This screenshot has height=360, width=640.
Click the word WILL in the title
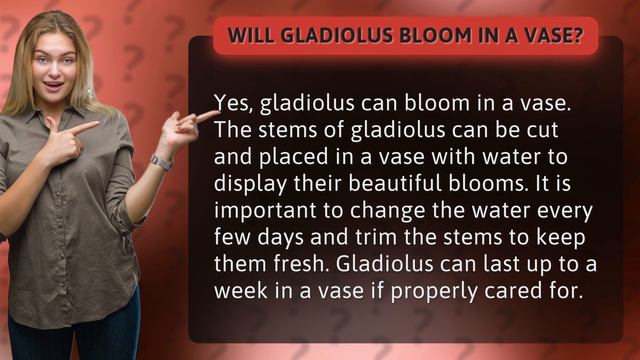251,36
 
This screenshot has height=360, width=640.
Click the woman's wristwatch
161,161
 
